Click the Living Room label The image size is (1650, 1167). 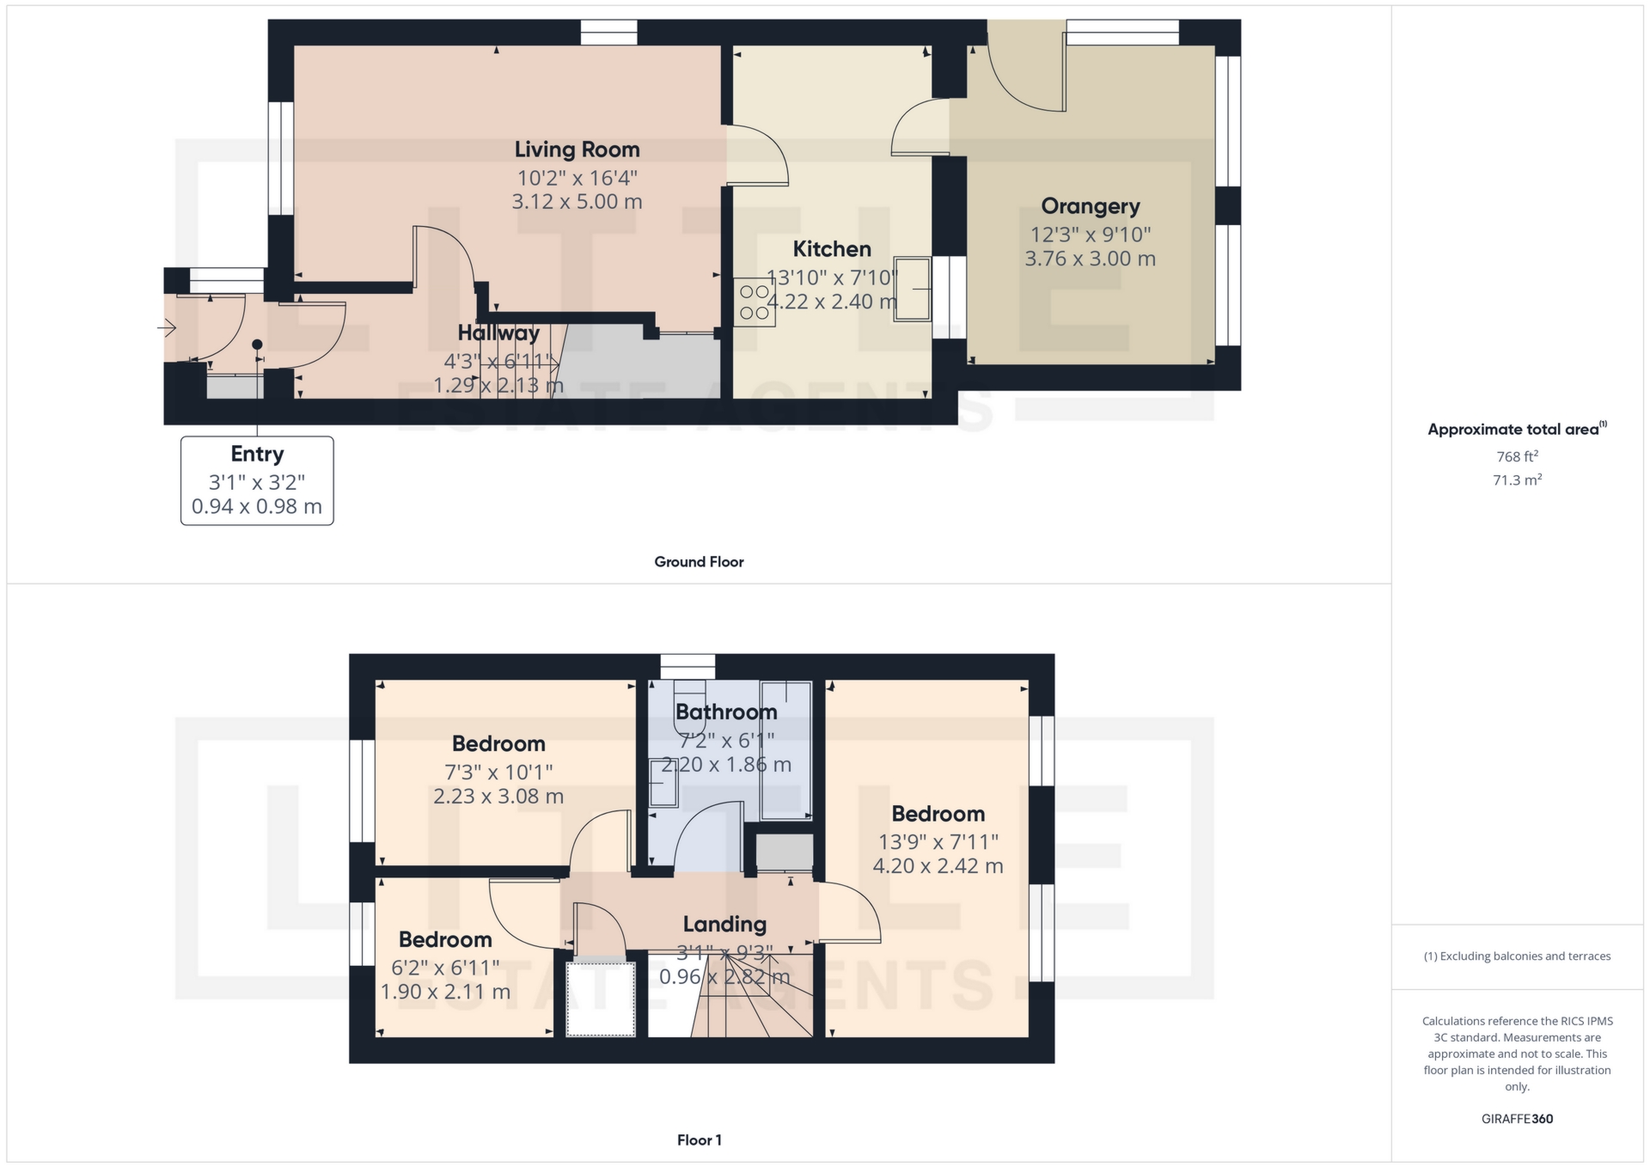(577, 150)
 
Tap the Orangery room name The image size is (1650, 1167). (1091, 206)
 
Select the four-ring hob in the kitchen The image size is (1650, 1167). (755, 302)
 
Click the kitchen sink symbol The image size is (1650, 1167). (913, 289)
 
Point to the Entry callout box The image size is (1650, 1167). (257, 480)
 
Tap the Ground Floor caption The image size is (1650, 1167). (699, 562)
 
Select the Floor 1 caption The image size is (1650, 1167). (700, 1140)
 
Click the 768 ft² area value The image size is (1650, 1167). (1517, 456)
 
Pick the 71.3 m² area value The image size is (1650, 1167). (1517, 480)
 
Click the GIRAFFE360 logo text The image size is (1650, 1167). (1517, 1119)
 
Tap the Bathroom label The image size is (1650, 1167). (726, 712)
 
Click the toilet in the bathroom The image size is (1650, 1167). (689, 706)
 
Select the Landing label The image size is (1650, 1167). (724, 925)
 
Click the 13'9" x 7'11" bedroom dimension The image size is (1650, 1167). (938, 842)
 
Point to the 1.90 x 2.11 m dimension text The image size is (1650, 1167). (445, 992)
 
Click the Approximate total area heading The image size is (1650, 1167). (1517, 429)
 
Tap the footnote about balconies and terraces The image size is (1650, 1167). (1517, 956)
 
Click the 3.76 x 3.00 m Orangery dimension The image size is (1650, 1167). (1090, 259)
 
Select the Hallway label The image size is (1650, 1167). (498, 333)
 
